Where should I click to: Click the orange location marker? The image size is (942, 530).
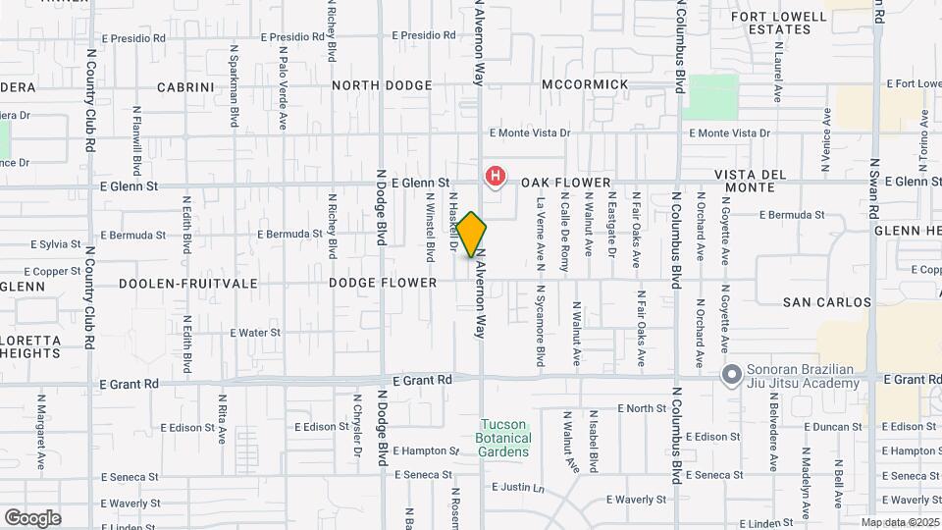[472, 235]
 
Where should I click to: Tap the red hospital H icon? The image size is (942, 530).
[497, 177]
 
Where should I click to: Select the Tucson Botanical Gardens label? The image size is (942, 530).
[505, 438]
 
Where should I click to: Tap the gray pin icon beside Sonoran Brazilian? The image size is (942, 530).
[730, 375]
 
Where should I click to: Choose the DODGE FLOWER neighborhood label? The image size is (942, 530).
[383, 283]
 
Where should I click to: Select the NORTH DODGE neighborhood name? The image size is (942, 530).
[382, 85]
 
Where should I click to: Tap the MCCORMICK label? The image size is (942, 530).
[585, 84]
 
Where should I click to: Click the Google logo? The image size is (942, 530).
[32, 518]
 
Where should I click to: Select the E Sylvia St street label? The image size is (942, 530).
[55, 243]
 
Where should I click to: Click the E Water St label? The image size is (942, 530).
[255, 333]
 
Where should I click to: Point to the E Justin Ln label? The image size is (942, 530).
[518, 487]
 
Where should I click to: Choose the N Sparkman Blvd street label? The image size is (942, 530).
[235, 85]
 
